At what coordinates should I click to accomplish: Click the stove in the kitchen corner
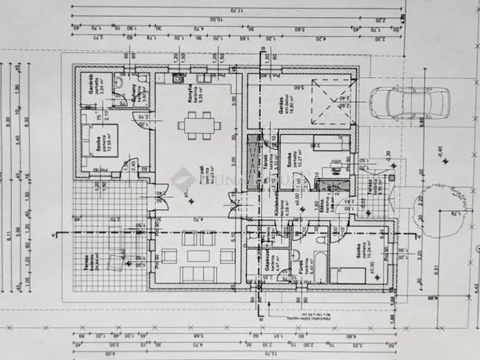click(178, 77)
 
